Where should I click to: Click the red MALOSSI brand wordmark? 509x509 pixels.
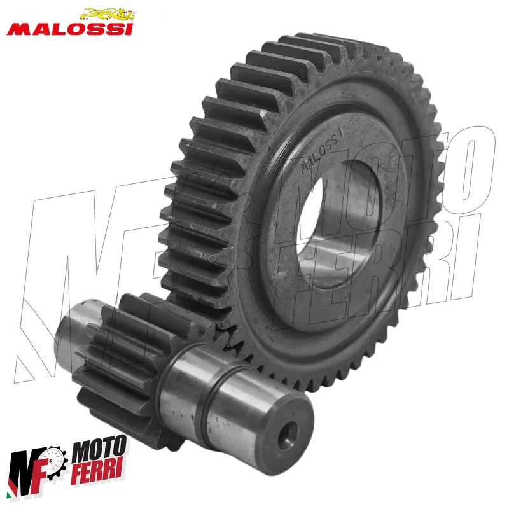[70, 29]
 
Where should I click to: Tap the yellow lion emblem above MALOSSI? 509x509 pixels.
[108, 14]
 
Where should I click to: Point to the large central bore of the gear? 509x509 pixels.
[338, 224]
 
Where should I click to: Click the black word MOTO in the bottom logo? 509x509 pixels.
[99, 449]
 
